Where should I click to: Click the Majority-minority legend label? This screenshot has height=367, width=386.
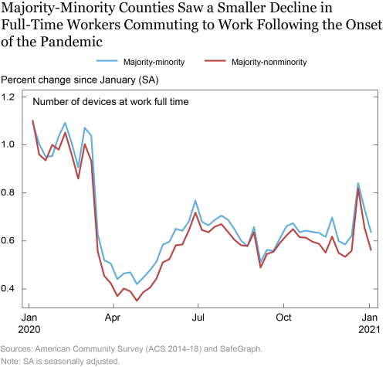pyautogui.click(x=154, y=62)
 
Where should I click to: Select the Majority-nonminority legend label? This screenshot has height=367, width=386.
pyautogui.click(x=269, y=62)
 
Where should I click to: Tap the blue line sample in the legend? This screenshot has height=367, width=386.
pyautogui.click(x=107, y=61)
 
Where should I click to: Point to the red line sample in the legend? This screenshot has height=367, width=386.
pyautogui.click(x=215, y=61)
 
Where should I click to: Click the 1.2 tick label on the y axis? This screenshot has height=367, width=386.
pyautogui.click(x=8, y=97)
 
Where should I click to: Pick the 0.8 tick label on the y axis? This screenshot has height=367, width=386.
pyautogui.click(x=8, y=192)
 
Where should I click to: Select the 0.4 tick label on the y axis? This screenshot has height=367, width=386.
pyautogui.click(x=8, y=288)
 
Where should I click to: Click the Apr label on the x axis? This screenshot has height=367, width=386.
pyautogui.click(x=113, y=318)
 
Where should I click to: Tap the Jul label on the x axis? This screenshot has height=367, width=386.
pyautogui.click(x=198, y=318)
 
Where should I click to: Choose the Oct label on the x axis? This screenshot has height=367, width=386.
pyautogui.click(x=283, y=318)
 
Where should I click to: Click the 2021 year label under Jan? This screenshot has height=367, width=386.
pyautogui.click(x=369, y=329)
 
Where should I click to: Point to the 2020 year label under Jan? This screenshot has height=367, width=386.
pyautogui.click(x=29, y=329)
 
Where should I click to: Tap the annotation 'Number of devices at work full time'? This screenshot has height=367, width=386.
pyautogui.click(x=110, y=102)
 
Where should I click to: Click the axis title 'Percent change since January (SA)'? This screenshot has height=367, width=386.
pyautogui.click(x=80, y=80)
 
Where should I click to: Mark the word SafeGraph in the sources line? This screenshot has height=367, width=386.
pyautogui.click(x=241, y=349)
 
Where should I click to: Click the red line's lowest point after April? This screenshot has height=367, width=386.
pyautogui.click(x=137, y=301)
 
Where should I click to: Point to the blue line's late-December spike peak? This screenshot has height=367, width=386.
pyautogui.click(x=358, y=183)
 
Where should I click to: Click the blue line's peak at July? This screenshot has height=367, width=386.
pyautogui.click(x=195, y=200)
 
